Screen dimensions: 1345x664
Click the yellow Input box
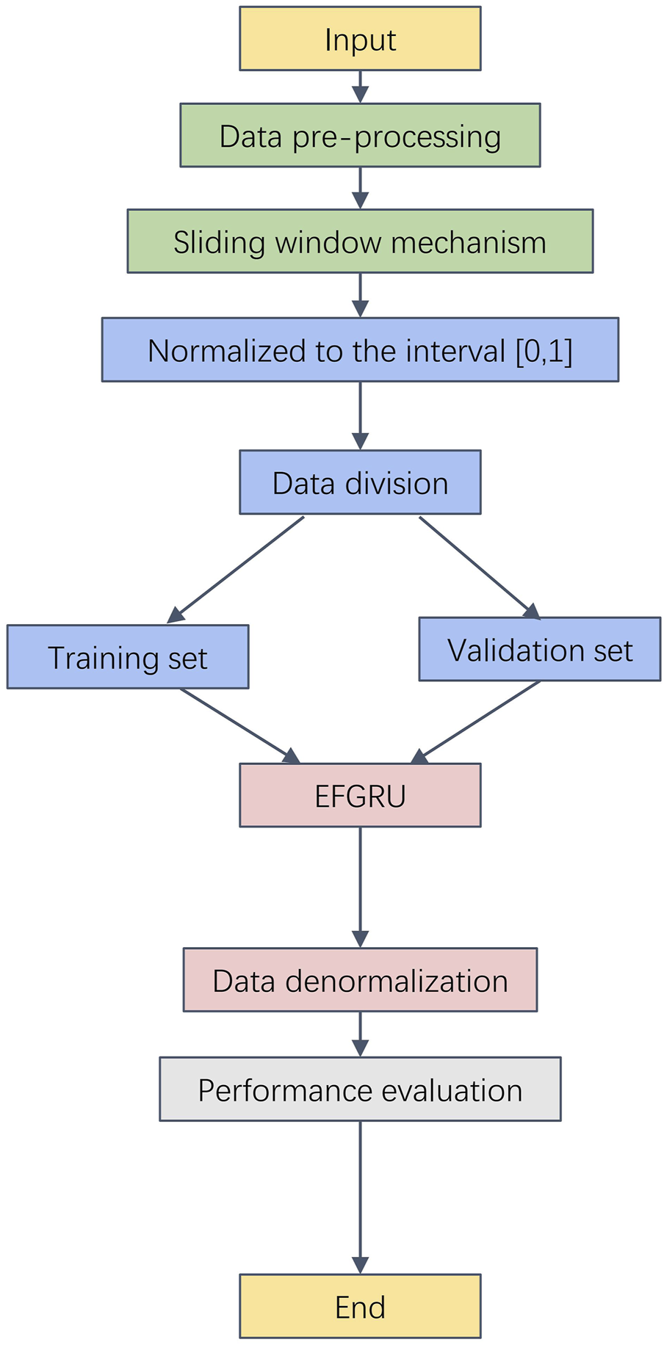tap(360, 39)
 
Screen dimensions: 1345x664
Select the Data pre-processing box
tap(360, 136)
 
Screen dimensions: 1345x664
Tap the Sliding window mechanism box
tap(360, 242)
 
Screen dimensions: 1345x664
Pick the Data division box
tap(360, 482)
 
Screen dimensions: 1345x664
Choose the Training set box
tap(128, 657)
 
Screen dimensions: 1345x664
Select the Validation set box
tap(539, 650)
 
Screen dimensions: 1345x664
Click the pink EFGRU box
tap(360, 795)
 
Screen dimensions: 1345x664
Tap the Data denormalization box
tap(360, 980)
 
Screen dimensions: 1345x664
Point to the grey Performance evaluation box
tap(360, 1090)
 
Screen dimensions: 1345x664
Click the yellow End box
tap(360, 1306)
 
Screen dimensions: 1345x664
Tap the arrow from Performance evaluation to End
tap(360, 1197)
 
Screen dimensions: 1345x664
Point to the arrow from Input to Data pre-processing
tap(360, 87)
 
